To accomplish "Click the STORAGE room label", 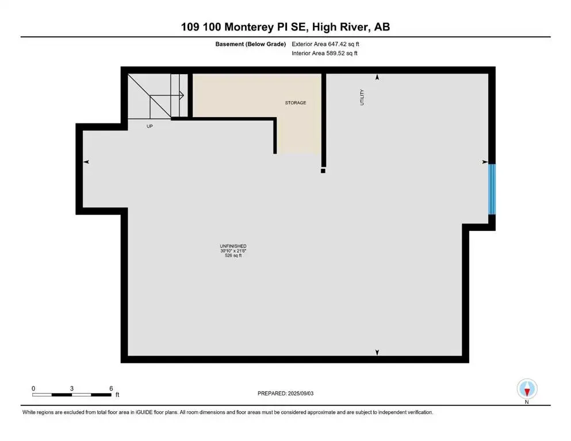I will pyautogui.click(x=296, y=103).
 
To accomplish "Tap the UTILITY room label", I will pyautogui.click(x=362, y=96).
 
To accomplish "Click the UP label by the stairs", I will pyautogui.click(x=150, y=126).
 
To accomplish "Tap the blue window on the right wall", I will pyautogui.click(x=492, y=188).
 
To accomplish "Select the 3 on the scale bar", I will pyautogui.click(x=72, y=388).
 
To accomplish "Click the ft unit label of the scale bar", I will pyautogui.click(x=117, y=395).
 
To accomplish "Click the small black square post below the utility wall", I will pyautogui.click(x=323, y=170).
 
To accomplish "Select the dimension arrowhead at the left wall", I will pyautogui.click(x=86, y=163).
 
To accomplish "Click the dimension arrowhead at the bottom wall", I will pyautogui.click(x=377, y=352).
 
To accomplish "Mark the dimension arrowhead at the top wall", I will pyautogui.click(x=377, y=77).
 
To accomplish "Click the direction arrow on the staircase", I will pyautogui.click(x=181, y=95).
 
